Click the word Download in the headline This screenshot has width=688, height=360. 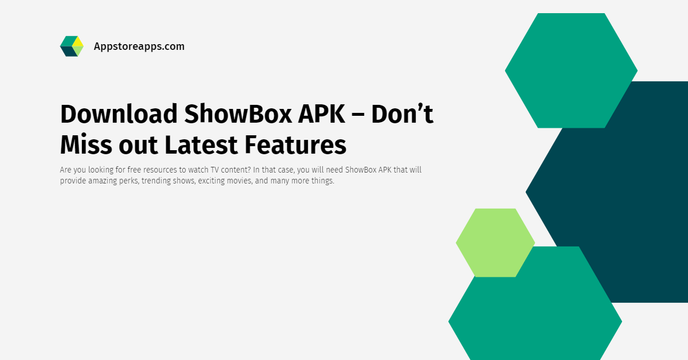(x=119, y=114)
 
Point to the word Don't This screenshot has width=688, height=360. (x=402, y=114)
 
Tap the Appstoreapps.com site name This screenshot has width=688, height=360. (x=139, y=46)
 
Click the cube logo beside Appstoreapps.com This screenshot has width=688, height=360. (x=72, y=46)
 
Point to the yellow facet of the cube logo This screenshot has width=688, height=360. (x=77, y=41)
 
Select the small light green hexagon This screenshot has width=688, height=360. (x=495, y=242)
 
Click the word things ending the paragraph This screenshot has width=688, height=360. (x=320, y=181)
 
